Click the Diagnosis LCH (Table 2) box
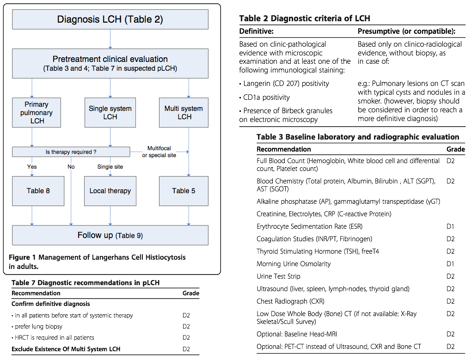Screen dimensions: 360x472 pyautogui.click(x=110, y=19)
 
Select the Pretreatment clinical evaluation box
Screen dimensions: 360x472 pyautogui.click(x=110, y=63)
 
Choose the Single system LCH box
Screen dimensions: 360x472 pyautogui.click(x=110, y=112)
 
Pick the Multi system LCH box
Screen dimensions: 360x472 pyautogui.click(x=184, y=112)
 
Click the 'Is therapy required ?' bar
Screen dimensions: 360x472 pyautogui.click(x=71, y=152)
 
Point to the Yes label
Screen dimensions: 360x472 pyautogui.click(x=32, y=167)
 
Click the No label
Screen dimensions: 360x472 pyautogui.click(x=71, y=167)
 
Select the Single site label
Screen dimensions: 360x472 pyautogui.click(x=110, y=167)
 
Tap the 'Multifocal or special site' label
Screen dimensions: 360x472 pyautogui.click(x=159, y=152)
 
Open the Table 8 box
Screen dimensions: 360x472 pyautogui.click(x=38, y=191)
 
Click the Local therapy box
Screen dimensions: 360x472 pyautogui.click(x=110, y=191)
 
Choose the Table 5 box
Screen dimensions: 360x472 pyautogui.click(x=184, y=191)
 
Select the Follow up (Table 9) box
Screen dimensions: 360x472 pyautogui.click(x=110, y=235)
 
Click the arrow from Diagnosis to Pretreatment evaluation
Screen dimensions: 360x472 pyautogui.click(x=110, y=39)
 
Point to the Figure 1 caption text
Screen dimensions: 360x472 pyautogui.click(x=97, y=262)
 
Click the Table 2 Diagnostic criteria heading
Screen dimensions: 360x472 pyautogui.click(x=304, y=18)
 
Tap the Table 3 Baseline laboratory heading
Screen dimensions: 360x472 pyautogui.click(x=357, y=137)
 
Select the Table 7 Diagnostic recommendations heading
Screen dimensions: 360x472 pyautogui.click(x=86, y=283)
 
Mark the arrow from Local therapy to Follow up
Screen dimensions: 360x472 pyautogui.click(x=110, y=216)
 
